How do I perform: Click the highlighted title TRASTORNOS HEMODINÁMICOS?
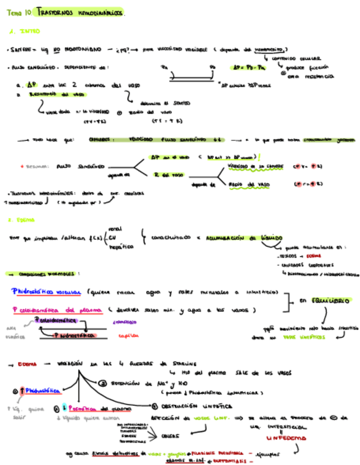click(81, 12)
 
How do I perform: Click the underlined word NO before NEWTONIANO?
click(58, 49)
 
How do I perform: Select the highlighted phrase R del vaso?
click(169, 174)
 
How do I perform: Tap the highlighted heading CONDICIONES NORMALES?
click(49, 273)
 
